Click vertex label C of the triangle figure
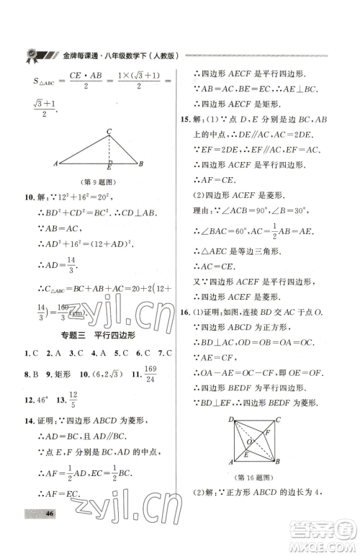[x=109, y=131]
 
